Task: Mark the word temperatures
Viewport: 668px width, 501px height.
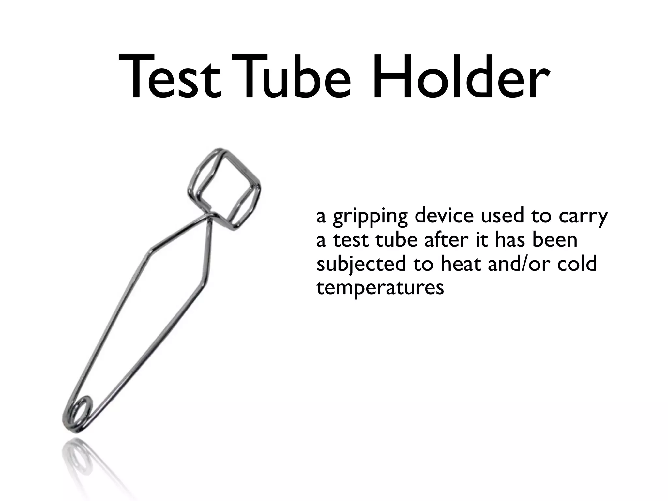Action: pos(380,288)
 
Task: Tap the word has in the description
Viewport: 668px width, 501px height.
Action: pos(512,240)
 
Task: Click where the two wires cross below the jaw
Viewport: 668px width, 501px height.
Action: pos(207,218)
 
